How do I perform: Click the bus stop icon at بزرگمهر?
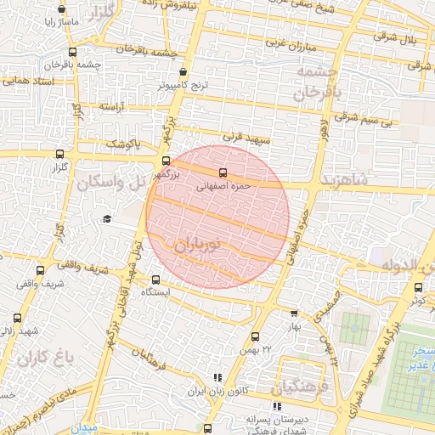tap(166, 161)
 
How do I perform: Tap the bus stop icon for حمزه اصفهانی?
tap(223, 172)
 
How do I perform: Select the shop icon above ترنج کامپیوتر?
tap(184, 72)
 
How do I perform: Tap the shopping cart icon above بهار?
tap(294, 313)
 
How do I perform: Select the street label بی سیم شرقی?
tap(365, 121)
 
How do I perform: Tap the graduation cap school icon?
tap(107, 219)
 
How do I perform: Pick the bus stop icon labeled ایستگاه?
tap(155, 280)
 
